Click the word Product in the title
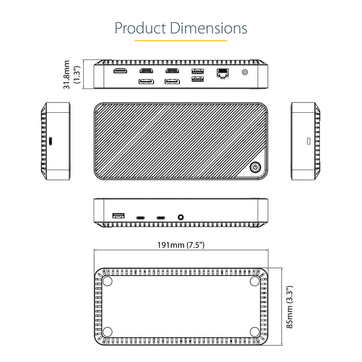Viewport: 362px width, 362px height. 141,27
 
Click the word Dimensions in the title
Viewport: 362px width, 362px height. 209,27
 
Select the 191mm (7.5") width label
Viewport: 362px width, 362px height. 181,245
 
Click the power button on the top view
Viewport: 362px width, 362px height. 255,167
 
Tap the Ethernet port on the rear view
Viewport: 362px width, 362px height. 223,73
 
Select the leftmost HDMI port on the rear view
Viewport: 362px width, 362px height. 120,71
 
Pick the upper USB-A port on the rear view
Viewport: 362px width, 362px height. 197,71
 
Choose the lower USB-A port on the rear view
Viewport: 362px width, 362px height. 197,80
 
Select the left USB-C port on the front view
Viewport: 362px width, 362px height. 141,218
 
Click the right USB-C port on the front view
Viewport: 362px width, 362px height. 161,218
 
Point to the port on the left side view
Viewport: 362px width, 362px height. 50,141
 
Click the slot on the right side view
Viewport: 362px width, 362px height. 309,141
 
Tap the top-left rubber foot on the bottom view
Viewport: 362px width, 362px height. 108,281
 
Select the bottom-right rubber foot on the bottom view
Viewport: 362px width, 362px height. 254,332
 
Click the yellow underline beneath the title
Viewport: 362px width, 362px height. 181,40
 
